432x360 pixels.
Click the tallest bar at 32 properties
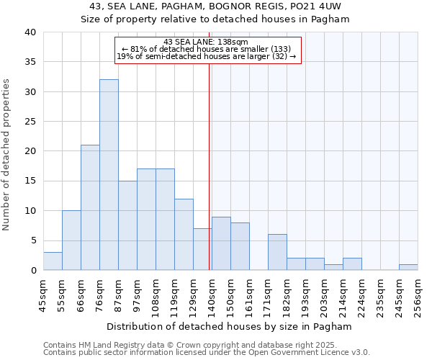tap(109, 175)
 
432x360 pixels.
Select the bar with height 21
tap(90, 207)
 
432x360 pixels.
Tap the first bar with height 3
tap(53, 261)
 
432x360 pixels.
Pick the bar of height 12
tap(184, 235)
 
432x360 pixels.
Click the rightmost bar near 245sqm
tap(408, 267)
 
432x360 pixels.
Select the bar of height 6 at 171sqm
tap(277, 252)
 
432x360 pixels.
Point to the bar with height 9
tap(221, 243)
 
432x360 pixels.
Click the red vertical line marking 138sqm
tap(210, 166)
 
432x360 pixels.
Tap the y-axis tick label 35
tap(30, 62)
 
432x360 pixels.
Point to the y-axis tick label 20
tap(30, 151)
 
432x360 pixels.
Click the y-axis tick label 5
tap(32, 240)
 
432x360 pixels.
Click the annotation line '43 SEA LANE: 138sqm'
tap(206, 42)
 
